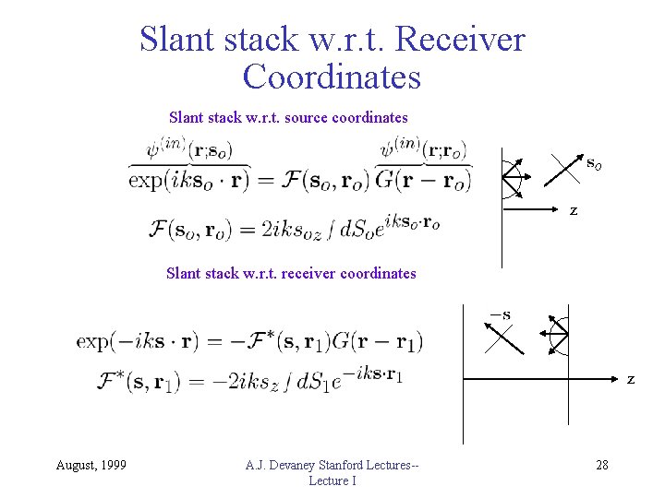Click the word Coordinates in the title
332,77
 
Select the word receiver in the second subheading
308,273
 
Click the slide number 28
602,465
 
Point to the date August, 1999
91,465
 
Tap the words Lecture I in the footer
332,480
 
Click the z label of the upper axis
574,211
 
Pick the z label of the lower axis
631,379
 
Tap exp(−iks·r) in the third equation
134,341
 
